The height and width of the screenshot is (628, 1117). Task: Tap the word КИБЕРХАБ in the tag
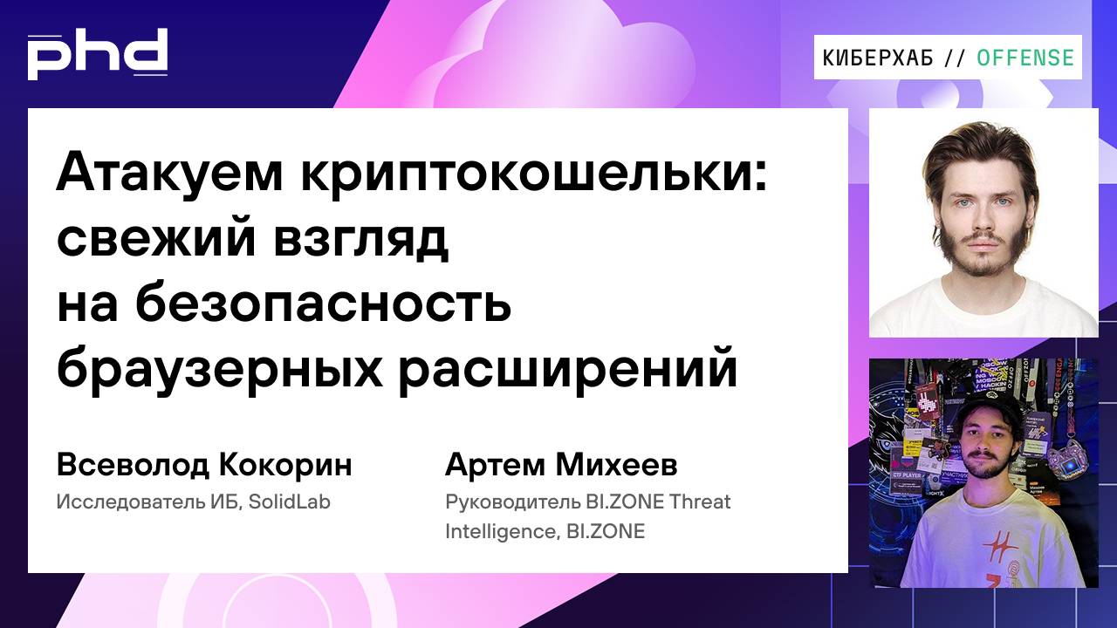click(x=878, y=58)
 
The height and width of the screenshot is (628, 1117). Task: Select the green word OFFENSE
click(x=1025, y=58)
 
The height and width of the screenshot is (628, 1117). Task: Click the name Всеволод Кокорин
click(x=204, y=465)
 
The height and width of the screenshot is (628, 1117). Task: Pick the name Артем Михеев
click(x=560, y=465)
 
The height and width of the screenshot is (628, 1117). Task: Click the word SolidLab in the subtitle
click(x=293, y=502)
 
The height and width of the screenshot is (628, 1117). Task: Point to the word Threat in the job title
click(x=699, y=502)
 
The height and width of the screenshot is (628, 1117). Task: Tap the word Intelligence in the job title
click(x=497, y=531)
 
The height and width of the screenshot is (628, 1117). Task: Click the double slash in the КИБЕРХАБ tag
click(x=955, y=58)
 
